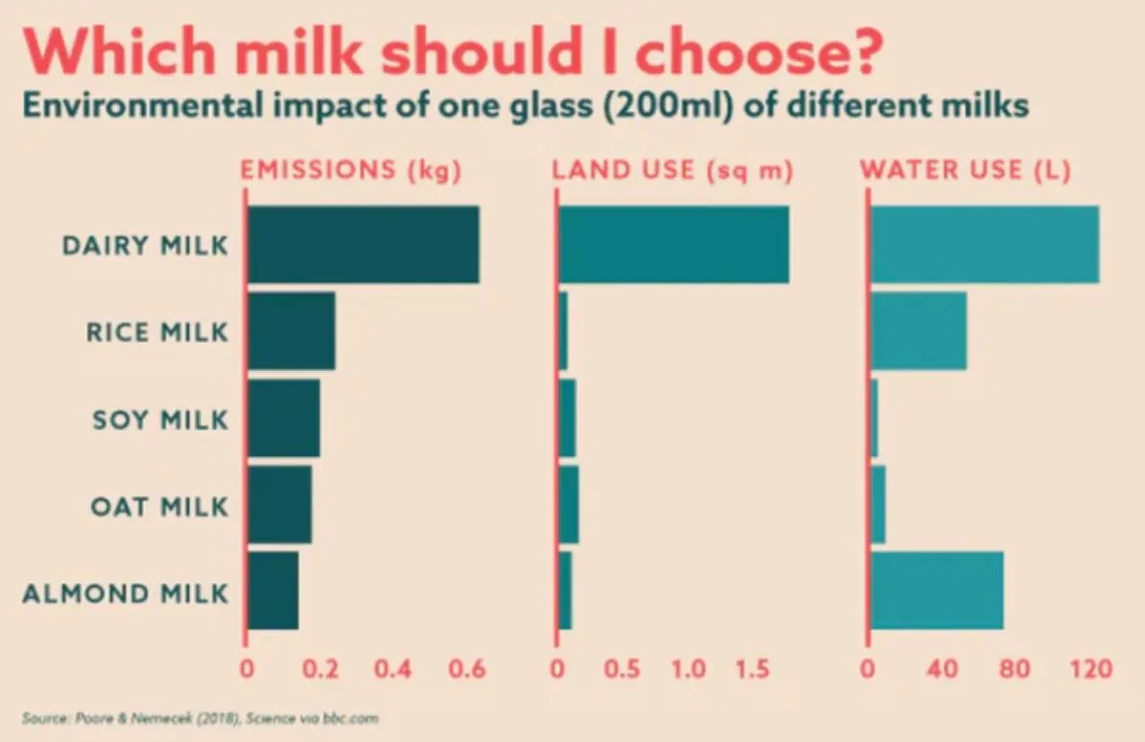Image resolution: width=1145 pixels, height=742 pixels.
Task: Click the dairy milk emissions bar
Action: click(363, 244)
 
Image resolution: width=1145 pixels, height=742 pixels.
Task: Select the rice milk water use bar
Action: click(918, 331)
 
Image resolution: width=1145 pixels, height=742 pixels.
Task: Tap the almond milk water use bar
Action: click(937, 590)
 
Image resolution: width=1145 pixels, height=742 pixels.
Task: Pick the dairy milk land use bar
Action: click(673, 244)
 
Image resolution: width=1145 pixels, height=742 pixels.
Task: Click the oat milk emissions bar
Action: click(280, 505)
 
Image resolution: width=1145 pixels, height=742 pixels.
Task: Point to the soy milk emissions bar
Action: click(283, 418)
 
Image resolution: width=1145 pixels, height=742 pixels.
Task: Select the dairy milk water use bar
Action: click(985, 244)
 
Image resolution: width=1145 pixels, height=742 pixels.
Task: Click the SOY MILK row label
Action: click(160, 420)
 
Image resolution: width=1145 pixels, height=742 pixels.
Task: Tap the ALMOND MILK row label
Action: click(126, 593)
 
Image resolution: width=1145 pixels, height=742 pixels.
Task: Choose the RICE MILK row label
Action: click(158, 334)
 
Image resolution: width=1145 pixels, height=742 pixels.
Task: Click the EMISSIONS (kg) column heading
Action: click(352, 171)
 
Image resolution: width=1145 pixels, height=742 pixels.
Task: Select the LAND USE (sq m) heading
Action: click(672, 171)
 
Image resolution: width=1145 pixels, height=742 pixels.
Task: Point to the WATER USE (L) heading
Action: click(966, 171)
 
